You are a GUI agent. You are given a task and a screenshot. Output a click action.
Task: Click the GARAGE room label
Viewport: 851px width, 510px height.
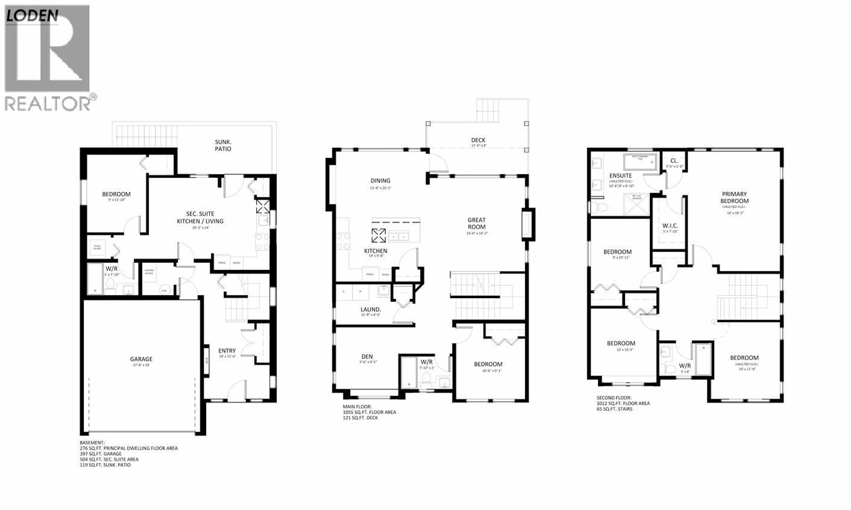point(141,359)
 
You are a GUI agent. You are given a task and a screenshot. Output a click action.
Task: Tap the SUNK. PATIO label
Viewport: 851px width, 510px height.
point(223,145)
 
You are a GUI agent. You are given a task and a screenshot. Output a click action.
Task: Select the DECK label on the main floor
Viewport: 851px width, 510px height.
point(478,140)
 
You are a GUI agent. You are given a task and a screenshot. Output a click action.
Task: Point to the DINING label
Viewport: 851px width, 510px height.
point(380,180)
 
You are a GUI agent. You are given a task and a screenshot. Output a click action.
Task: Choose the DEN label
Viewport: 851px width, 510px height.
point(367,356)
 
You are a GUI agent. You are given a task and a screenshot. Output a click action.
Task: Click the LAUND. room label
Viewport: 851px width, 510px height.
point(370,309)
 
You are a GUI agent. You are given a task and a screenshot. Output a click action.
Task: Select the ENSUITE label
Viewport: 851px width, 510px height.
point(620,175)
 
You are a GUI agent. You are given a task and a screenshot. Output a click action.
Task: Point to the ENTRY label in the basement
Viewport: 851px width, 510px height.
point(227,351)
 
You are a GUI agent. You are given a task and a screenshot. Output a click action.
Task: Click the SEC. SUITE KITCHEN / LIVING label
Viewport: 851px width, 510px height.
point(200,217)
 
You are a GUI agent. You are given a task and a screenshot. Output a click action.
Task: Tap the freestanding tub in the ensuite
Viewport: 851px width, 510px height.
point(640,161)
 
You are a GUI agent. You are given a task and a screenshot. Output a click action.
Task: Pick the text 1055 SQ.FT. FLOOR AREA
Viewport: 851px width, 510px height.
point(369,412)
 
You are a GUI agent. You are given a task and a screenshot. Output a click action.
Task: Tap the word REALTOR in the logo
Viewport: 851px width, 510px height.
point(47,103)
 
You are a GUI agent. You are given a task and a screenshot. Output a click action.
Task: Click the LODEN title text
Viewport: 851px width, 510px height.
point(32,16)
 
